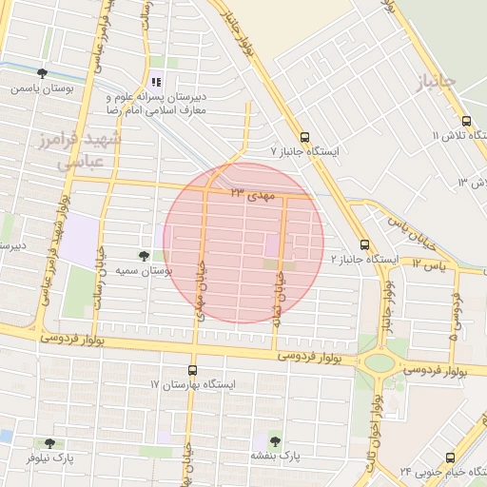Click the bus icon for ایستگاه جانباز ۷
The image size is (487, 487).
pyautogui.click(x=303, y=136)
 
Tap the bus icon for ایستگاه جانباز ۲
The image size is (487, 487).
pyautogui.click(x=365, y=244)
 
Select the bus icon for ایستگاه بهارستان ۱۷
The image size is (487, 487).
pyautogui.click(x=193, y=370)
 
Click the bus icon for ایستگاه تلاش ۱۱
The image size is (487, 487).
pyautogui.click(x=466, y=122)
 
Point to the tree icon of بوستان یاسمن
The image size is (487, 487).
pyautogui.click(x=42, y=73)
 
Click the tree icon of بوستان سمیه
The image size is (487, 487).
pyautogui.click(x=144, y=256)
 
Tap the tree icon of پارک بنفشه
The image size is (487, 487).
pyautogui.click(x=275, y=440)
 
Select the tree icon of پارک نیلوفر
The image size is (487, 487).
pyautogui.click(x=49, y=443)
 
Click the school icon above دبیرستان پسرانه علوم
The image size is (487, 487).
pyautogui.click(x=156, y=82)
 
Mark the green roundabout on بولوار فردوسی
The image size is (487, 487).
pyautogui.click(x=380, y=362)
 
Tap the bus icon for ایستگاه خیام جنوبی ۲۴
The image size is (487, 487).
pyautogui.click(x=451, y=457)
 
